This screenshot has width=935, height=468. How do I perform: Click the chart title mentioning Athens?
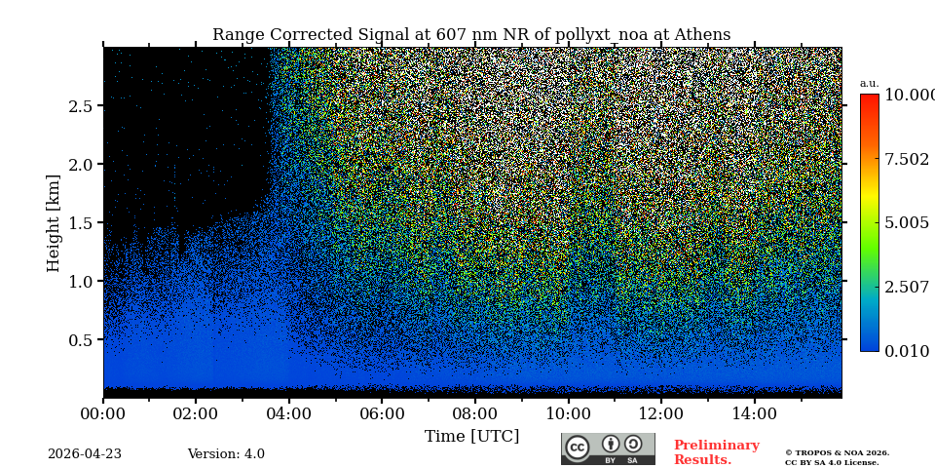point(471,35)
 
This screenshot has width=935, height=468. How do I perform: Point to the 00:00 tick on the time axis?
point(103,414)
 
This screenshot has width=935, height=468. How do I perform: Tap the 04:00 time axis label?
point(288,414)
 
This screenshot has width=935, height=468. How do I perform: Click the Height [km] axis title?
point(54,222)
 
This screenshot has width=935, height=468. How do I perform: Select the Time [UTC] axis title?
point(471,437)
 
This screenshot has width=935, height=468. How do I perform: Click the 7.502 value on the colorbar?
point(906,160)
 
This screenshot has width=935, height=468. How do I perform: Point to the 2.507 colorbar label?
point(906,287)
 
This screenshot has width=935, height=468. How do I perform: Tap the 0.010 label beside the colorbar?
point(906,351)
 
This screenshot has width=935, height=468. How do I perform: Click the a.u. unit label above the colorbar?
point(869,84)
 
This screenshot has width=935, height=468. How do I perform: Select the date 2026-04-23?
point(85,454)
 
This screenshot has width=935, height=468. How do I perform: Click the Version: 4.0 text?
point(226,454)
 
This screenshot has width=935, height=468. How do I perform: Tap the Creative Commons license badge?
point(608,448)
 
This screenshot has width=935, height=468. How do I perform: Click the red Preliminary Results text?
point(716,452)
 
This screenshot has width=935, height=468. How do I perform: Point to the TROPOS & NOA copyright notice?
point(837,457)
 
